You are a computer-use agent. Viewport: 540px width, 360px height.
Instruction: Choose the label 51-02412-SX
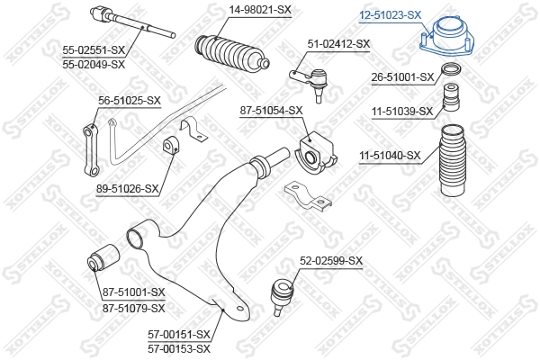pos(338,43)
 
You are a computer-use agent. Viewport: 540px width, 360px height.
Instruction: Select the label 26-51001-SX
pos(402,78)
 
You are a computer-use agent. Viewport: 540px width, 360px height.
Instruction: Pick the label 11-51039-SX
pos(402,112)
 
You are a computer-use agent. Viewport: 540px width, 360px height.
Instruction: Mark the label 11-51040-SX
pos(390,156)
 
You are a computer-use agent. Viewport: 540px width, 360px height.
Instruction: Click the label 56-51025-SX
pos(130,100)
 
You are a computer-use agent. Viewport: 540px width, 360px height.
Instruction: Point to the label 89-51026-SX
pos(127,189)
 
